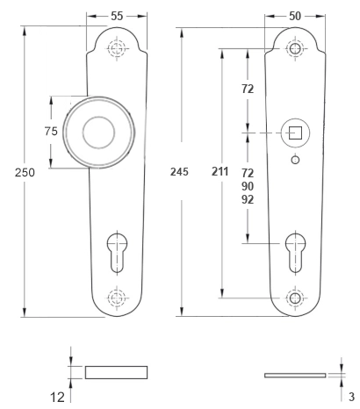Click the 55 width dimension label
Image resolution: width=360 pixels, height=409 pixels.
click(117, 16)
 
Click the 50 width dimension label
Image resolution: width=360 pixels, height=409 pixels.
click(295, 16)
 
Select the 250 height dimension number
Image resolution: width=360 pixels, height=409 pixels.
click(25, 172)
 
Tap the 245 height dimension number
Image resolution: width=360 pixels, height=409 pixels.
click(179, 172)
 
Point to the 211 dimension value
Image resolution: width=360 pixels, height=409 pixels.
click(220, 171)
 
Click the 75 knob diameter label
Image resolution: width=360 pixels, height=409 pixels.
click(51, 132)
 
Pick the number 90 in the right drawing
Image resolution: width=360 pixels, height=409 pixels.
click(248, 186)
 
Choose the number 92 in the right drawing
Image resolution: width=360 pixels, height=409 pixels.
click(248, 199)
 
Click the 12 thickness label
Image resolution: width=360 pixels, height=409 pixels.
click(57, 398)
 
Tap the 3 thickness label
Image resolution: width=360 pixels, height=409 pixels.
click(351, 397)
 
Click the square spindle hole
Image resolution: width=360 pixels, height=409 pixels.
click(295, 133)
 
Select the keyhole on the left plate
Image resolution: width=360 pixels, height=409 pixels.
click(117, 253)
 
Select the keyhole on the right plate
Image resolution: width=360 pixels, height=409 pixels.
click(295, 253)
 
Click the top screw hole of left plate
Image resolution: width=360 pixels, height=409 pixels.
click(117, 48)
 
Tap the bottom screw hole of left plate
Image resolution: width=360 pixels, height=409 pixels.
click(117, 298)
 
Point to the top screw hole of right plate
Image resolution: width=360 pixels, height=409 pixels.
click(295, 48)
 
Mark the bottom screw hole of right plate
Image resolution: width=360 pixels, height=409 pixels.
click(295, 298)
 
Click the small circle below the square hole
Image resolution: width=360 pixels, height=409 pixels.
click(295, 160)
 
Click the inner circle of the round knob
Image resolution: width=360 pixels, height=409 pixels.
click(98, 133)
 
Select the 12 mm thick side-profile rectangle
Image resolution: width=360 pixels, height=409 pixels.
click(116, 372)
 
